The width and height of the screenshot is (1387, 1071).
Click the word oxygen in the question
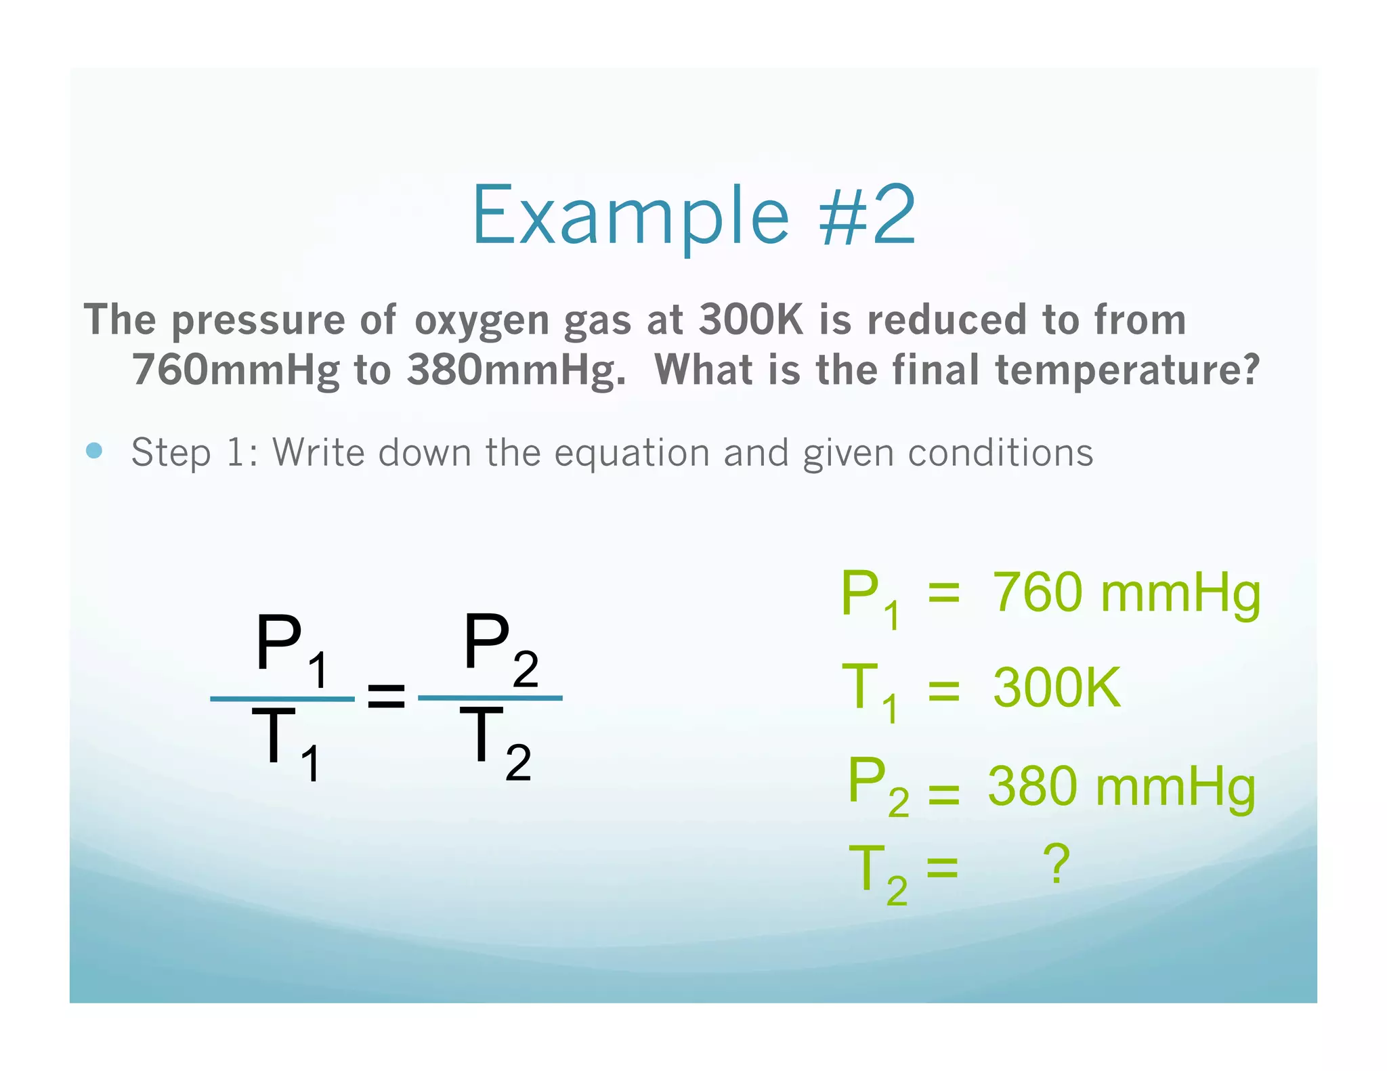click(x=481, y=321)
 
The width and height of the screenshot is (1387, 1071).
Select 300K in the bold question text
click(x=750, y=320)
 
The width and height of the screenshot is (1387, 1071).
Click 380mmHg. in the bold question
click(x=516, y=371)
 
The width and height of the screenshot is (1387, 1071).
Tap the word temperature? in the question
click(x=1127, y=371)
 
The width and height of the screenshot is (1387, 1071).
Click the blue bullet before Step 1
click(x=95, y=451)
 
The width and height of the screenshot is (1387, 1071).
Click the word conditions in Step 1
click(x=1000, y=452)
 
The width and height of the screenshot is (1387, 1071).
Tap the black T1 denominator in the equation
click(x=284, y=741)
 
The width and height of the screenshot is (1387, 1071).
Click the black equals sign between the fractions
click(x=386, y=696)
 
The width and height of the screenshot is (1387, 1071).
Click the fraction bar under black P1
click(x=282, y=699)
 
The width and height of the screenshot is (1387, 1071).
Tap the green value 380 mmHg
click(x=1122, y=787)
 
